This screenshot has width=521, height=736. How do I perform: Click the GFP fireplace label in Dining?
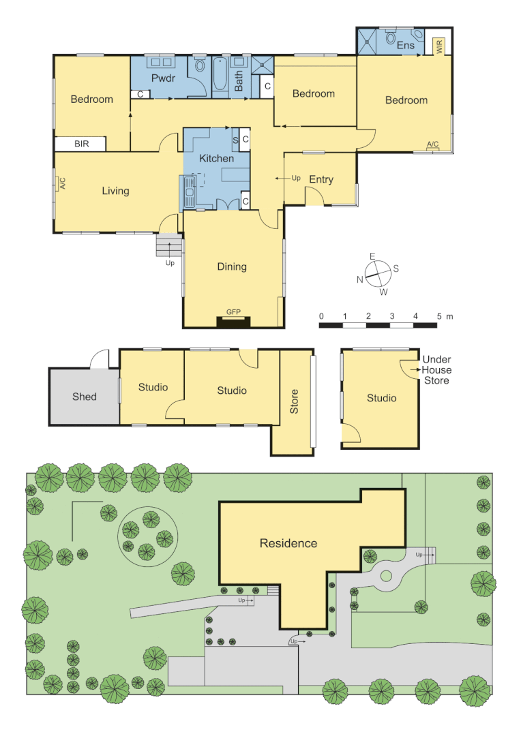click(234, 311)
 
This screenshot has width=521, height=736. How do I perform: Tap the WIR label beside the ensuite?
click(439, 47)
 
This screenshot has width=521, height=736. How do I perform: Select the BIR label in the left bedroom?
click(81, 144)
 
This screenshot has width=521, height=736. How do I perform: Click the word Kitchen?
click(216, 159)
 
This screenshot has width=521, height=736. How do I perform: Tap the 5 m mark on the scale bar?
click(441, 317)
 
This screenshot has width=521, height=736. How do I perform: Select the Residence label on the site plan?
click(288, 543)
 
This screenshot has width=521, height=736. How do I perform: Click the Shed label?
click(85, 397)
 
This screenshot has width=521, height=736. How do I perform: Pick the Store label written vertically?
click(295, 402)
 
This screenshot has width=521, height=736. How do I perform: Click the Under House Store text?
click(436, 370)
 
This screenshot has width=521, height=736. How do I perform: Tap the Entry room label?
click(321, 180)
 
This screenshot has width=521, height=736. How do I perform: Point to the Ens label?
click(405, 46)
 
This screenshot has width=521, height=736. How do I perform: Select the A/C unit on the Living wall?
click(61, 184)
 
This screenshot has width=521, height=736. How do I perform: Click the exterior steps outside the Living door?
click(169, 245)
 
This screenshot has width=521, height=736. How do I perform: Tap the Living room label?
click(115, 191)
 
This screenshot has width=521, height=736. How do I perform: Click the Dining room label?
click(232, 266)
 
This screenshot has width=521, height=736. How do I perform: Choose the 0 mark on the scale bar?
click(321, 317)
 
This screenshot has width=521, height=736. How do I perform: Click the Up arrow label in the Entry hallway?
click(295, 179)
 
